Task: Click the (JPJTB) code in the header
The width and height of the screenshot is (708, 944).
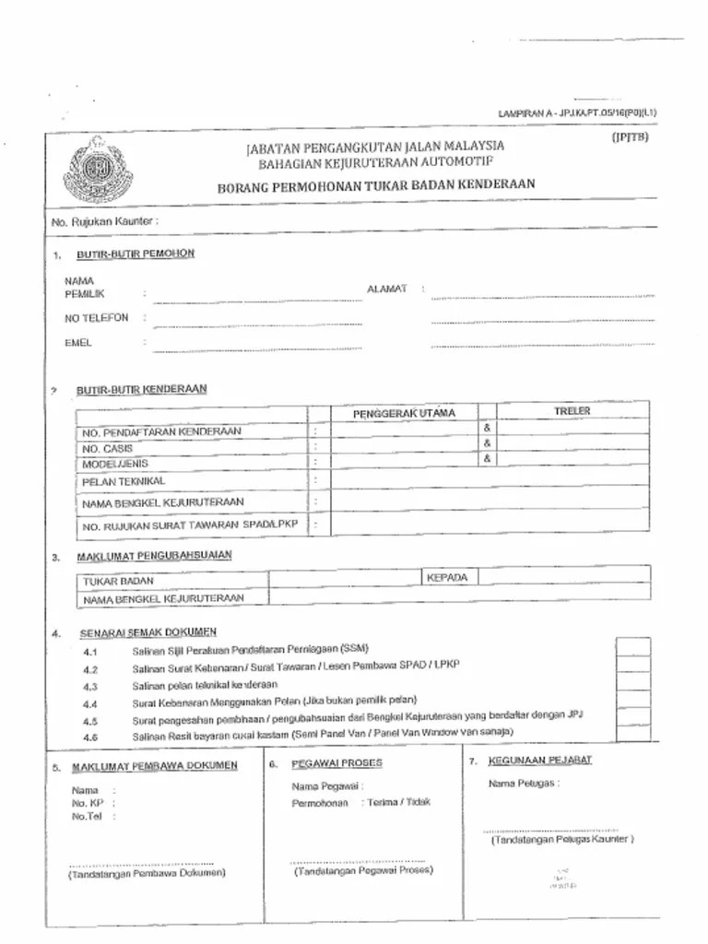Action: coord(631,137)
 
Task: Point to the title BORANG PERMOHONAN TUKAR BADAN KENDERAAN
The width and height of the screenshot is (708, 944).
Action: coord(375,185)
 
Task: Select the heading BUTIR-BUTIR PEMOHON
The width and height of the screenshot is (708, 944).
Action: coord(136,254)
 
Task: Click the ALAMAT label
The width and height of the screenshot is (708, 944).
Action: coord(386,289)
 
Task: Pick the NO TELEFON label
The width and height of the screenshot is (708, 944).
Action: coord(96,318)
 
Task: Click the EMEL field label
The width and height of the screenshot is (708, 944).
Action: coord(78,343)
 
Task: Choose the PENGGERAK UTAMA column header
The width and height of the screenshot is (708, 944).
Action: coord(404,413)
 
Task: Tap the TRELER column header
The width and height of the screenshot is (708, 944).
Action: coord(572,411)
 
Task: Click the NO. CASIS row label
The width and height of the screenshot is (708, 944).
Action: coord(107,448)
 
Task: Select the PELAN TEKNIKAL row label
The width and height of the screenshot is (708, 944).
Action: coord(124,481)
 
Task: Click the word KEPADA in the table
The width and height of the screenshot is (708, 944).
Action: coord(447,578)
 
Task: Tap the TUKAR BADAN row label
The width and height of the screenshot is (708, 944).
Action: coord(119,582)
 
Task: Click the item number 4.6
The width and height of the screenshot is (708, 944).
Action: coord(89,737)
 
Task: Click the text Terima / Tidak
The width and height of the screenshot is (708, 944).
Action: coord(397,802)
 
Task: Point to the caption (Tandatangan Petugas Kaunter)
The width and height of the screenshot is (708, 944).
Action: coord(561,840)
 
